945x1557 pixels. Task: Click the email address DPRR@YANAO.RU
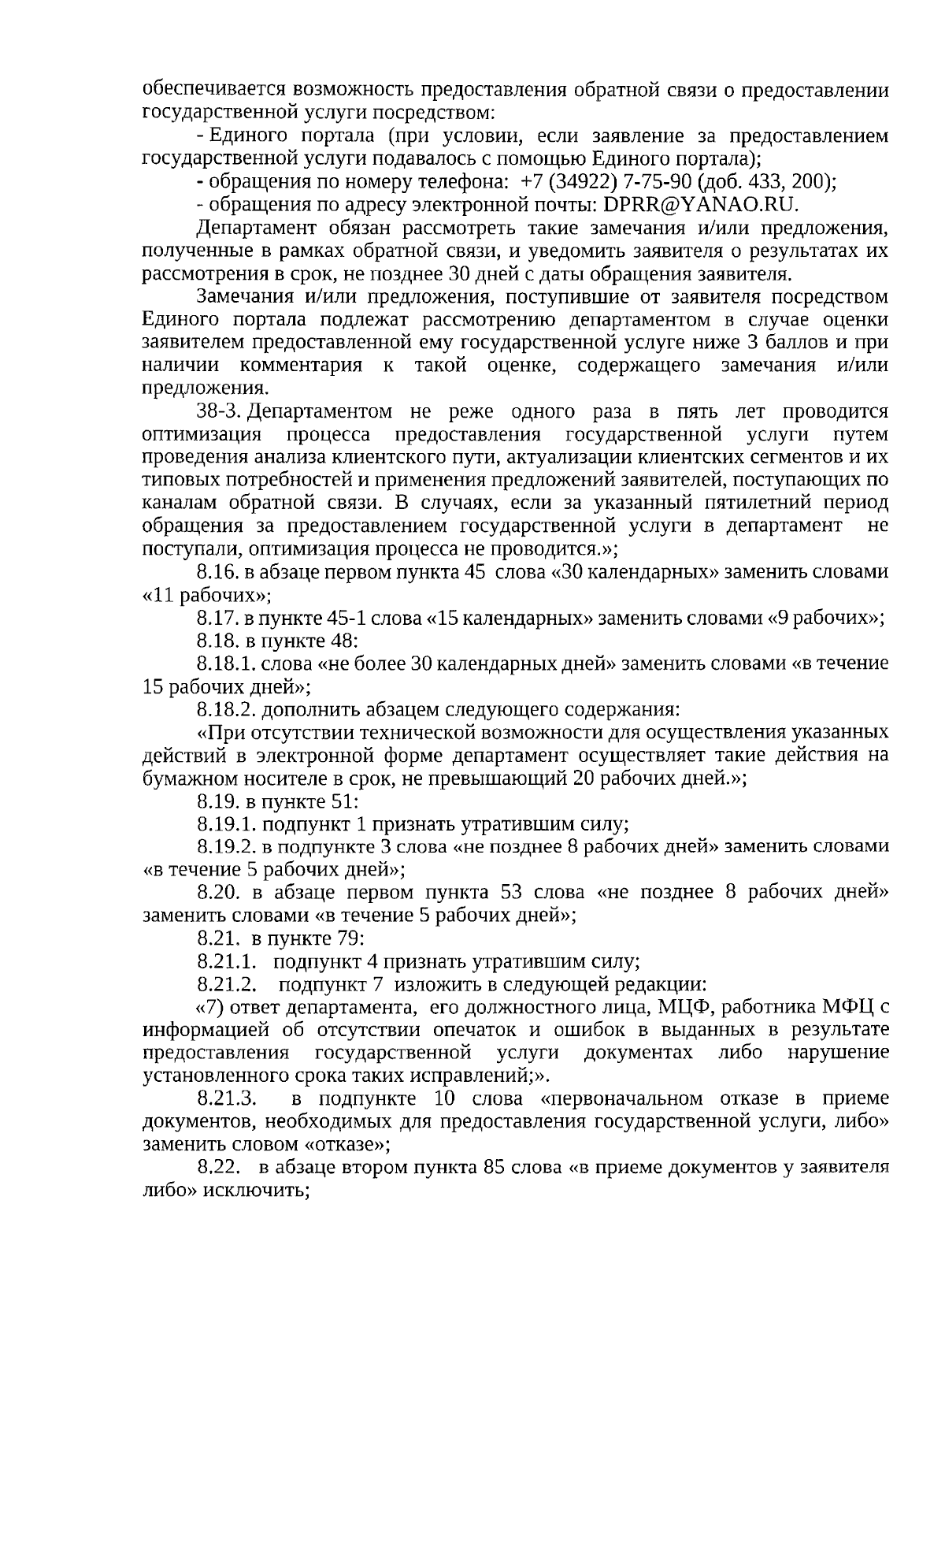pyautogui.click(x=700, y=205)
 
